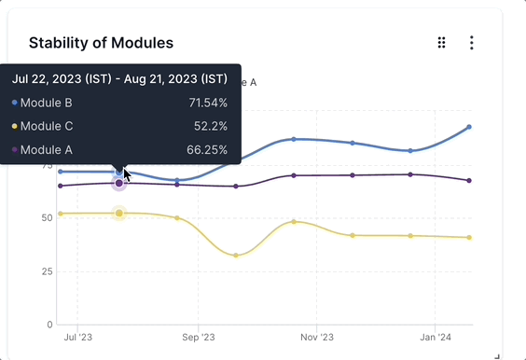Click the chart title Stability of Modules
pos(101,43)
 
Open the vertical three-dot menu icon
pos(472,43)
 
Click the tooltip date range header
pos(119,78)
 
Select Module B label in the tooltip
pos(46,103)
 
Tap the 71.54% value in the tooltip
pos(208,103)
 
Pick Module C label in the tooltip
pos(46,126)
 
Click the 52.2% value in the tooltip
pos(211,126)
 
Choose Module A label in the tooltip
pos(46,149)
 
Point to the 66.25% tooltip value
pos(207,149)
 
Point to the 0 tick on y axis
pos(49,325)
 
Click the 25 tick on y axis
pos(46,271)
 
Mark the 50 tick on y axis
pos(46,218)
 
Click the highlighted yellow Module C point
pos(119,214)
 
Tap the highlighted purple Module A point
pos(119,184)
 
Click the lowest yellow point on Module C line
pos(236,256)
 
